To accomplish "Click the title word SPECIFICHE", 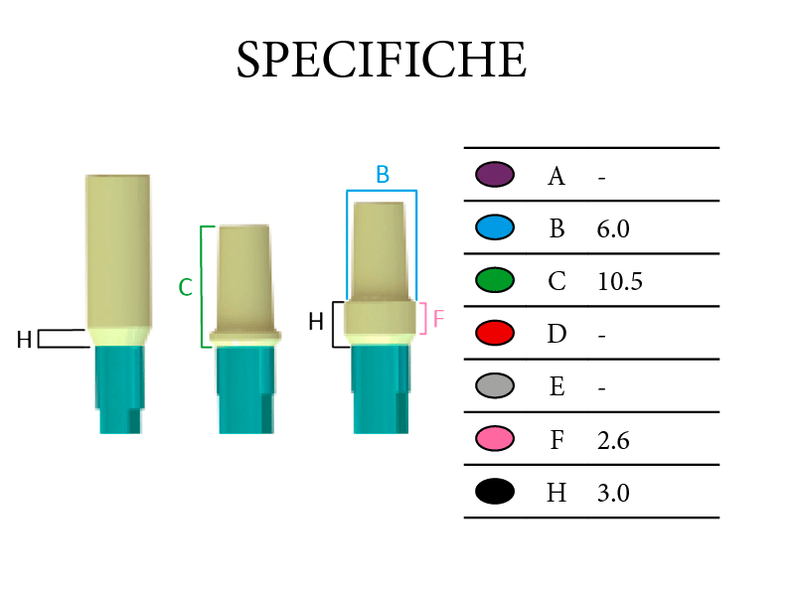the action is pyautogui.click(x=382, y=60).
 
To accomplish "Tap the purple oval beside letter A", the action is pyautogui.click(x=495, y=175).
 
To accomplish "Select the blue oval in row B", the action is pyautogui.click(x=495, y=227).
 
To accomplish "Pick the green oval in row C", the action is pyautogui.click(x=495, y=280).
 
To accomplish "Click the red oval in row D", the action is pyautogui.click(x=495, y=333).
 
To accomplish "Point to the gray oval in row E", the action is pyautogui.click(x=495, y=385).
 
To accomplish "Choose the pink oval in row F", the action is pyautogui.click(x=495, y=438).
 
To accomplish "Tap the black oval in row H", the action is pyautogui.click(x=495, y=491).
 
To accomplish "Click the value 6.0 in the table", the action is pyautogui.click(x=613, y=229).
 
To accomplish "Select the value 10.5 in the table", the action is pyautogui.click(x=619, y=282).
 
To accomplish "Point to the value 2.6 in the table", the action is pyautogui.click(x=613, y=440).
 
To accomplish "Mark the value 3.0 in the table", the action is pyautogui.click(x=613, y=493).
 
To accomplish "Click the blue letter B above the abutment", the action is pyautogui.click(x=383, y=175).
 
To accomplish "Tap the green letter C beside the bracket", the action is pyautogui.click(x=186, y=288).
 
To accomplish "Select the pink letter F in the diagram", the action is pyautogui.click(x=438, y=319).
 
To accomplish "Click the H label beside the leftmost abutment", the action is pyautogui.click(x=24, y=340).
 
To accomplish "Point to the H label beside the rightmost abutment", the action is pyautogui.click(x=316, y=322).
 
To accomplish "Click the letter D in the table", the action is pyautogui.click(x=556, y=335).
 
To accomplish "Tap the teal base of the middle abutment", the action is pyautogui.click(x=246, y=389).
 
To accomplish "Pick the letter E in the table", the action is pyautogui.click(x=556, y=387).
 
